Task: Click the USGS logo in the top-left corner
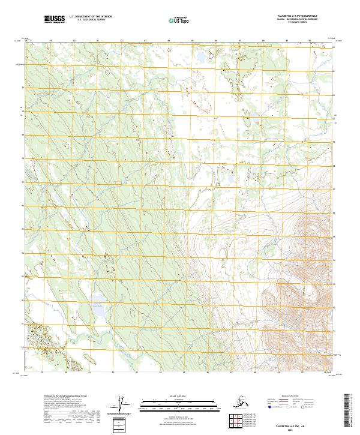tap(54, 20)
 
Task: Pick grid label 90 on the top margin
tap(310, 41)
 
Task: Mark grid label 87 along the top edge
tap(239, 41)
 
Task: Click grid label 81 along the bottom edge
tap(97, 373)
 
